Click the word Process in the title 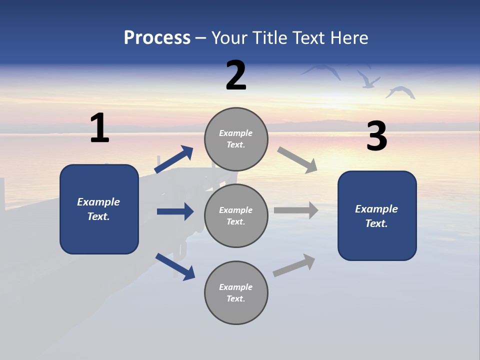[157, 38]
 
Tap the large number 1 [99, 128]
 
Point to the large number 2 [236, 75]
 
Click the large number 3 [376, 136]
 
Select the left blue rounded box [99, 209]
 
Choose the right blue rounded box [377, 215]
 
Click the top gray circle [236, 139]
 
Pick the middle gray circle [236, 215]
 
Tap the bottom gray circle [236, 292]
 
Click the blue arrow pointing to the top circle [174, 159]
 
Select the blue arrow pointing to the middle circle [175, 211]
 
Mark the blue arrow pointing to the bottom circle [175, 266]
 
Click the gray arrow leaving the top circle [297, 160]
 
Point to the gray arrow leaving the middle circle [296, 210]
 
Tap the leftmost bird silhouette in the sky [322, 70]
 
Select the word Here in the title [349, 38]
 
